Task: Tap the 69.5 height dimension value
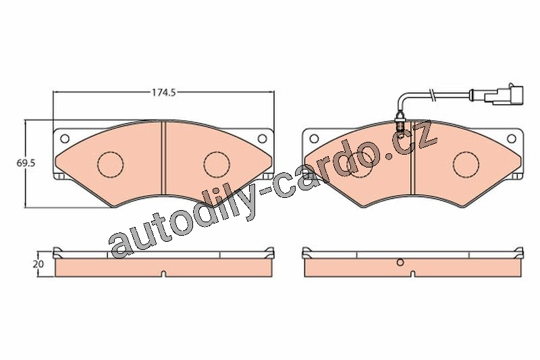coord(26,163)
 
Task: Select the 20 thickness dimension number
coord(38,264)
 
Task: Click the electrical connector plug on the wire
coord(504,94)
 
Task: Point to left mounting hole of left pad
coord(64,138)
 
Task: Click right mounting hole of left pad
coord(262,138)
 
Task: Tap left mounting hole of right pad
coord(314,138)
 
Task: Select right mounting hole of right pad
coord(512,138)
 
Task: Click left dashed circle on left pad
coord(111,163)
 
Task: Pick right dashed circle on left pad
coord(217,163)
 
